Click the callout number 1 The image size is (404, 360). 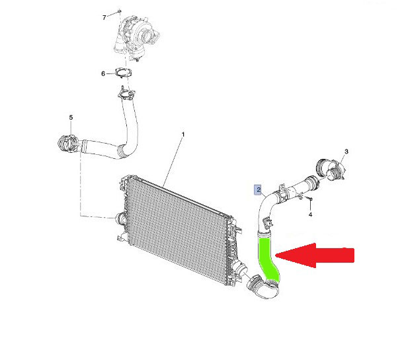[x=183, y=134]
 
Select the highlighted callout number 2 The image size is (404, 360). [x=258, y=189]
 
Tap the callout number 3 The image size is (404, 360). [x=346, y=152]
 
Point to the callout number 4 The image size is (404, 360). [x=311, y=214]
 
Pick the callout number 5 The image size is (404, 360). [x=71, y=117]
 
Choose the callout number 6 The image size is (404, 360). [x=103, y=73]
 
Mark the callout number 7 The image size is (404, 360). [x=104, y=17]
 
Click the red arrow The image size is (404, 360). [x=315, y=255]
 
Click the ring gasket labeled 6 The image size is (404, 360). [x=123, y=73]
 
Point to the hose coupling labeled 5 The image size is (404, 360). [x=67, y=143]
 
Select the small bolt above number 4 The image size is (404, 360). [x=309, y=199]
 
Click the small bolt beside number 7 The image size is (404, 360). [x=119, y=11]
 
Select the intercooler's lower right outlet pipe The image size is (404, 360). [x=239, y=269]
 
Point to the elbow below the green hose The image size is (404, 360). [x=263, y=289]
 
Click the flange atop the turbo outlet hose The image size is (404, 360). [x=126, y=93]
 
